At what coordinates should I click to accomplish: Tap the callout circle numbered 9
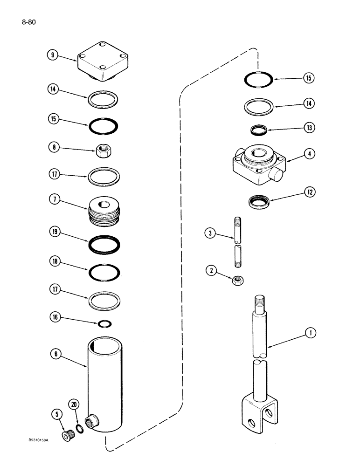point(52,55)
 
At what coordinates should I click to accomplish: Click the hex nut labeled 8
point(103,150)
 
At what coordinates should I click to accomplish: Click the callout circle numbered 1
point(309,333)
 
